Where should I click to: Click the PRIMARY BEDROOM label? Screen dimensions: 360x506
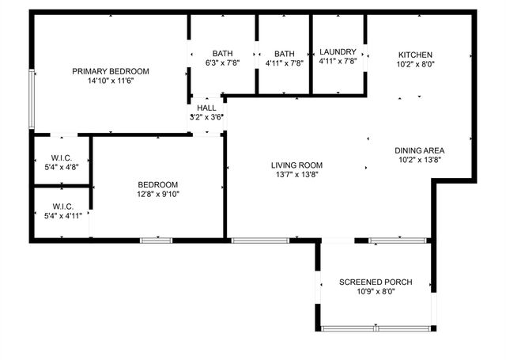pos(111,71)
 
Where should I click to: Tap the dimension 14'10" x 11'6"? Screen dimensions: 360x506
pos(111,81)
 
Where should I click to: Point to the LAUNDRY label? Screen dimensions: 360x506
pos(338,52)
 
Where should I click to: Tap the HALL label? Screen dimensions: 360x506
pos(206,108)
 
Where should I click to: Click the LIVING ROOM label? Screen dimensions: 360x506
pos(296,165)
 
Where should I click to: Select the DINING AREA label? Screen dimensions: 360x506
pos(420,150)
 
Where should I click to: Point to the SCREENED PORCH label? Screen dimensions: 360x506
pos(376,282)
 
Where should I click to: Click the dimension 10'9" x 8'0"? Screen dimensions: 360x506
pos(376,292)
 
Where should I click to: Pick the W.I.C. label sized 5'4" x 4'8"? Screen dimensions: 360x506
pos(61,157)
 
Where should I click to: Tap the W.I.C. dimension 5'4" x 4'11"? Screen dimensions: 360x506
pos(61,215)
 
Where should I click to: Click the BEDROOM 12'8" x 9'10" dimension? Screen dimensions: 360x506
pos(158,194)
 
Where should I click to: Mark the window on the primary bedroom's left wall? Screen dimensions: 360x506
pos(32,99)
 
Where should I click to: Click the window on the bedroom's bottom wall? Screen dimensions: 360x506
pos(157,240)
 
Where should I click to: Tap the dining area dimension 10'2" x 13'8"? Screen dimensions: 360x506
pos(420,159)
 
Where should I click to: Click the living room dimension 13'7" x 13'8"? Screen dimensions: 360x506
pos(296,175)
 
